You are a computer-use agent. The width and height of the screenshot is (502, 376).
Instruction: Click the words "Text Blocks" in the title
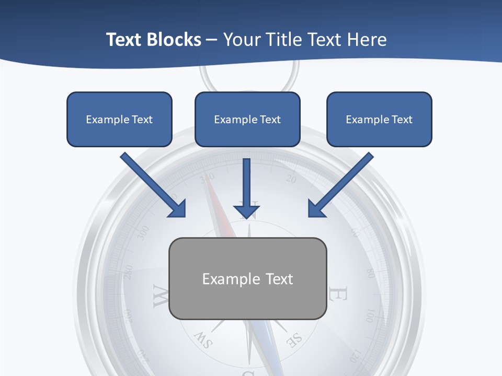pyautogui.click(x=153, y=40)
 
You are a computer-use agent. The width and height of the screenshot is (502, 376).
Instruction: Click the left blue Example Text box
pyautogui.click(x=119, y=119)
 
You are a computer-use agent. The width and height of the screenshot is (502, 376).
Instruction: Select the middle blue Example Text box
pyautogui.click(x=247, y=119)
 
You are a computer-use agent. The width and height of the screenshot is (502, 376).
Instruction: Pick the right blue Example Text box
pyautogui.click(x=379, y=119)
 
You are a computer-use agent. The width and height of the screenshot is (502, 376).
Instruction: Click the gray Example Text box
pyautogui.click(x=247, y=278)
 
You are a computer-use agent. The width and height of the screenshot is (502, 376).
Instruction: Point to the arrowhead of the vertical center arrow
pyautogui.click(x=246, y=211)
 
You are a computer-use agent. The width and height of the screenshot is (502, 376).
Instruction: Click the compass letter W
pyautogui.click(x=160, y=296)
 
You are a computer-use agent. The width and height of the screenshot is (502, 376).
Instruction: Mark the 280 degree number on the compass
pyautogui.click(x=128, y=273)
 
